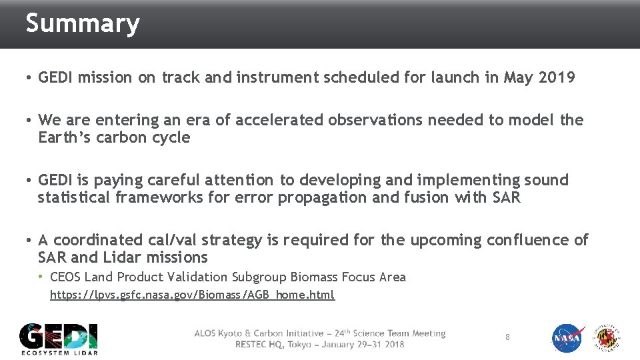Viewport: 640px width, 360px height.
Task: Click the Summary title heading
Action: click(x=83, y=24)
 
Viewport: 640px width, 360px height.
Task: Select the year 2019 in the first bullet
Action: click(x=556, y=78)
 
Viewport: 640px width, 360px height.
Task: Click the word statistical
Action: click(x=74, y=197)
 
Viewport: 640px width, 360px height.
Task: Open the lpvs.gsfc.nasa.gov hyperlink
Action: click(x=193, y=295)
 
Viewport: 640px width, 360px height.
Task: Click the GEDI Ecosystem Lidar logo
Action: click(x=59, y=339)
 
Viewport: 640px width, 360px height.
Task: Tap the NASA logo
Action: click(x=568, y=339)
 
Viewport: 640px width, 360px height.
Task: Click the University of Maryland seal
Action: click(x=608, y=339)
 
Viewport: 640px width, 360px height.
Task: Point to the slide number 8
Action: click(x=507, y=337)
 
